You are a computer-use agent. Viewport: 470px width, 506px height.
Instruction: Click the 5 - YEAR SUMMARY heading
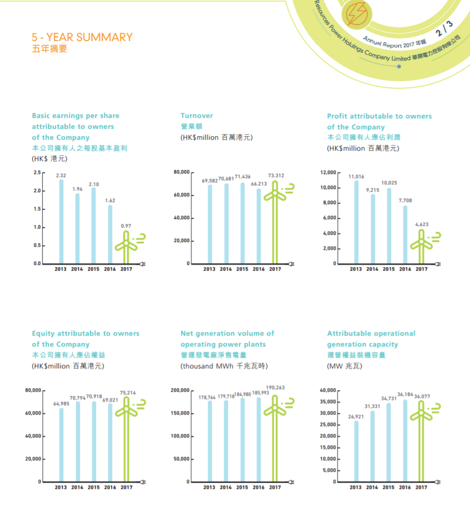pos(82,37)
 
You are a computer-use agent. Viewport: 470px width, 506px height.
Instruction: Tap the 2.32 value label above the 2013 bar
pos(61,176)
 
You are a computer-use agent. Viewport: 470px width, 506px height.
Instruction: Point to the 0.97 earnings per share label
pos(126,226)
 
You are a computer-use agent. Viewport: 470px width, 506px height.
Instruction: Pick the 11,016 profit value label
pos(356,177)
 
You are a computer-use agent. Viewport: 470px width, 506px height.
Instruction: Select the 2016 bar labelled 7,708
pos(405,234)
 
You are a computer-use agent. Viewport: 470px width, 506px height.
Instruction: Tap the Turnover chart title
pos(197,116)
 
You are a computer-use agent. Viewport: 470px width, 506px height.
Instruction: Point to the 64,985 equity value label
pos(61,404)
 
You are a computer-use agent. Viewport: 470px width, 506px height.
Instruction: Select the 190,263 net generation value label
pos(275,388)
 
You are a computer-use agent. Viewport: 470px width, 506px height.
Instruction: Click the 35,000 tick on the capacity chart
pos(329,402)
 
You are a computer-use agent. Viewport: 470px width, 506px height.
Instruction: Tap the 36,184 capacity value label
pos(405,395)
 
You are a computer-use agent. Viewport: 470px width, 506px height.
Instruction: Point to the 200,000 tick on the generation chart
pos(181,390)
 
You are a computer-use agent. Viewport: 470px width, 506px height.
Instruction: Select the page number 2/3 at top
pos(444,29)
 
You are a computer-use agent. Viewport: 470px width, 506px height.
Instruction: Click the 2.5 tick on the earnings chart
pos(37,172)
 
